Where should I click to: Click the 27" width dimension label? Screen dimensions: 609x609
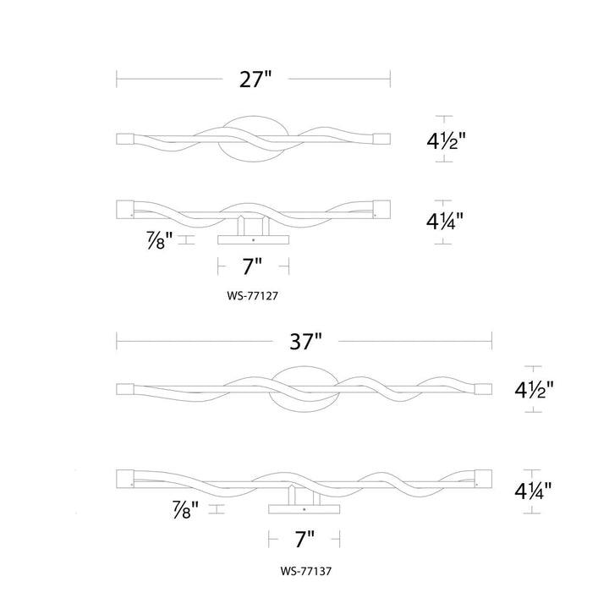click(x=255, y=80)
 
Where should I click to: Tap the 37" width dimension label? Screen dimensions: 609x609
click(x=305, y=342)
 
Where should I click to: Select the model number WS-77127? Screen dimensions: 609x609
click(x=252, y=296)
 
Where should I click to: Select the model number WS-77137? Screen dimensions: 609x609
click(x=306, y=571)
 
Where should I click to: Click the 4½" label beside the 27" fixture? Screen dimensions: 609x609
click(x=446, y=140)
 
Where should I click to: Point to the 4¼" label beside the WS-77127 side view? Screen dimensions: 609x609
click(x=445, y=222)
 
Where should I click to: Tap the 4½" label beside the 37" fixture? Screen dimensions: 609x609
click(x=534, y=389)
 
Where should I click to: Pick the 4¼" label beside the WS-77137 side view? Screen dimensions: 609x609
click(x=533, y=491)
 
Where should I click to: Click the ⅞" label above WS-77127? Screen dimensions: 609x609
click(x=160, y=240)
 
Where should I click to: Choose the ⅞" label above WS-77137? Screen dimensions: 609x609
click(x=185, y=509)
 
